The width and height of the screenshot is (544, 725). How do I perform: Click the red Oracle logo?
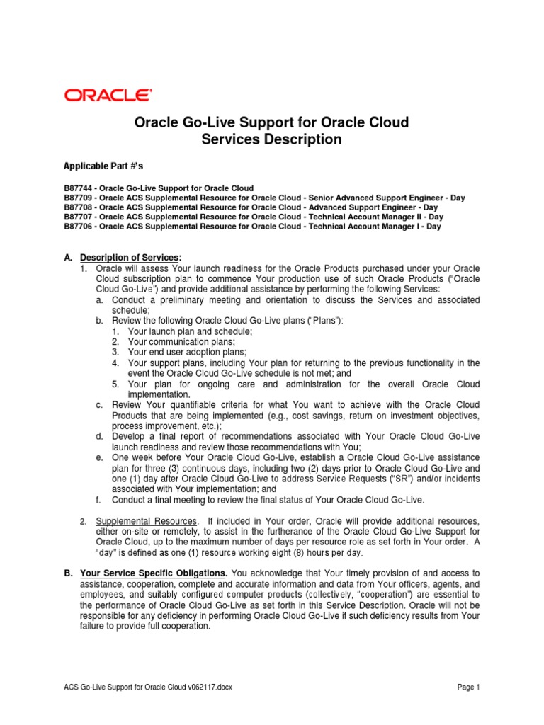point(108,95)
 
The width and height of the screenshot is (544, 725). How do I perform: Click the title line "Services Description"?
point(271,139)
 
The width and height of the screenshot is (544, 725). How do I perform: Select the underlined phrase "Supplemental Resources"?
point(134,522)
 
